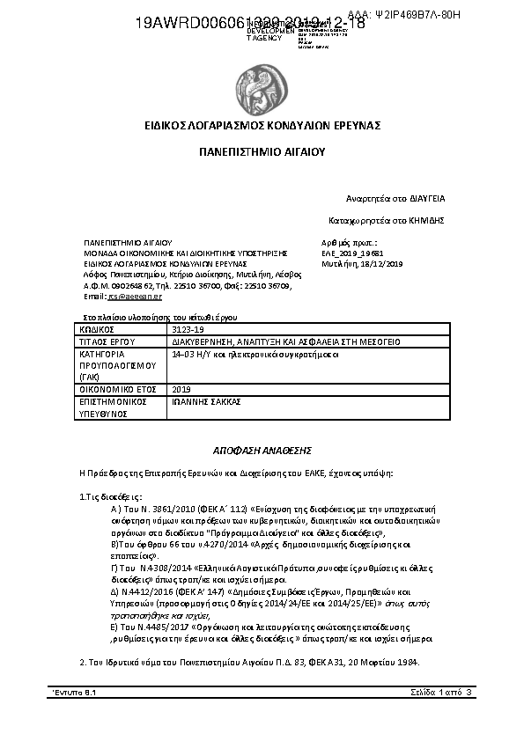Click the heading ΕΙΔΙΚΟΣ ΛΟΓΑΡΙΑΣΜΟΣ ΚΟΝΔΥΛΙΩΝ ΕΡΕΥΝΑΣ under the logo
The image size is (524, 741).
pyautogui.click(x=262, y=126)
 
